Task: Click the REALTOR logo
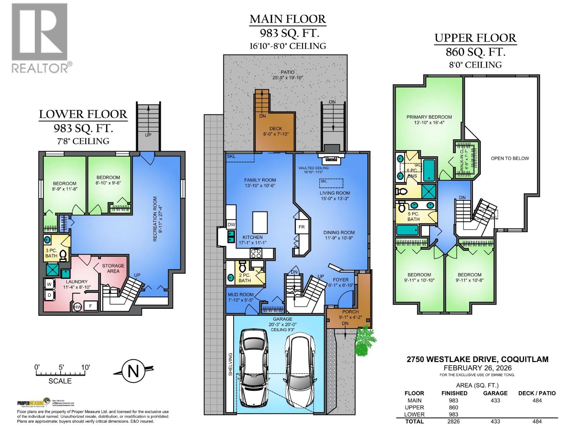(39, 38)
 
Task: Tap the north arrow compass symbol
(133, 371)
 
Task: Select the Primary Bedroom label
(429, 117)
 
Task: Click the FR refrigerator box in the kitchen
(301, 227)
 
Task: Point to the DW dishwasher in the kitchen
(231, 225)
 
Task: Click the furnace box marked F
(90, 306)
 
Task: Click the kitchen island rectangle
(260, 222)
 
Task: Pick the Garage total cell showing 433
(495, 421)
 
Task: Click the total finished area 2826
(453, 421)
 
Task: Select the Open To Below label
(510, 158)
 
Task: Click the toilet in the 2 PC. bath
(243, 267)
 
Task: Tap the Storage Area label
(113, 268)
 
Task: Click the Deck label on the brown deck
(276, 129)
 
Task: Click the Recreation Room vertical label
(155, 218)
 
